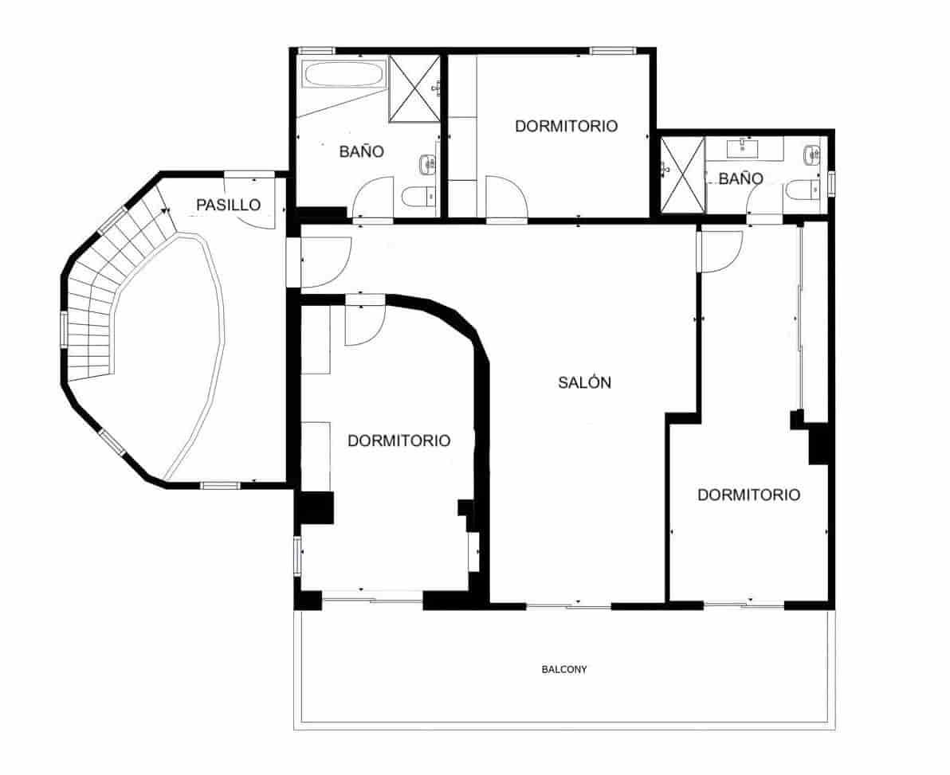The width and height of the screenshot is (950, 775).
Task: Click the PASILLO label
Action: tap(229, 205)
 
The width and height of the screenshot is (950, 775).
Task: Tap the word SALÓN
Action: tap(584, 382)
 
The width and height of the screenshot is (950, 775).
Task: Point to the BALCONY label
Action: tap(564, 670)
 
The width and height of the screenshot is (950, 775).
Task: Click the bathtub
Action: tap(345, 76)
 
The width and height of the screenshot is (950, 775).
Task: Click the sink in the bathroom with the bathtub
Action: tap(428, 164)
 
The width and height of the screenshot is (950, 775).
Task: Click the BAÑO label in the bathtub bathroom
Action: tap(362, 151)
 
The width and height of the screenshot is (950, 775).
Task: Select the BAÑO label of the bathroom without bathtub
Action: tap(740, 179)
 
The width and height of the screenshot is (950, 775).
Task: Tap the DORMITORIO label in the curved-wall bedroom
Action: tap(398, 440)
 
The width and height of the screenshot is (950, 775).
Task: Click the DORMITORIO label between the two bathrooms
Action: tap(566, 126)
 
